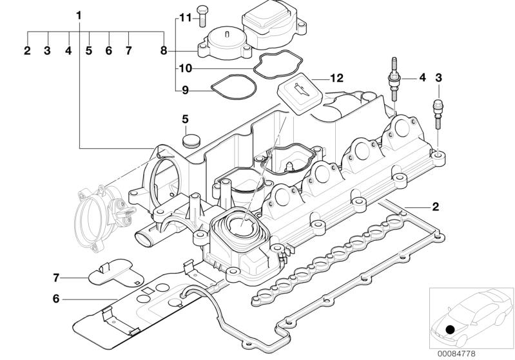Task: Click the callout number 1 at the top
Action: (79, 15)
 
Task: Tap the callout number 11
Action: (185, 18)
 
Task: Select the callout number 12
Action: (336, 78)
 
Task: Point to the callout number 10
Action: (186, 68)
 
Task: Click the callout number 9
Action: (185, 90)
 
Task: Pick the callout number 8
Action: (164, 51)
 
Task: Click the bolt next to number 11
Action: (201, 16)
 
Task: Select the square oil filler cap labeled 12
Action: (300, 93)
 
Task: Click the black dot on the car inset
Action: (450, 329)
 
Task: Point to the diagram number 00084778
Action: (456, 354)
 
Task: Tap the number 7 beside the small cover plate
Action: (56, 278)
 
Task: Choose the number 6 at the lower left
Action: (56, 299)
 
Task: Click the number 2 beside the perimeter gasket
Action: (435, 207)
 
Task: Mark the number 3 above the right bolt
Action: (438, 78)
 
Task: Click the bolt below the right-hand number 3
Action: (438, 114)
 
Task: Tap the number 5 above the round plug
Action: (185, 119)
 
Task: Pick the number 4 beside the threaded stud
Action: (422, 78)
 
